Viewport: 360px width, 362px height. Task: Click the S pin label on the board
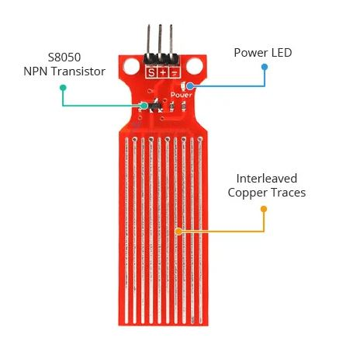pos(151,73)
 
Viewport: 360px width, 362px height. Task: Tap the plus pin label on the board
pos(163,73)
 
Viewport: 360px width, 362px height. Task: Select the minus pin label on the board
pos(175,73)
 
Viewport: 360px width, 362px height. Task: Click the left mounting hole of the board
pos(132,66)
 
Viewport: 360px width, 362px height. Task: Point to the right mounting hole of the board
pos(195,66)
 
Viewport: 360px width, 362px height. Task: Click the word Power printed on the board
pos(182,95)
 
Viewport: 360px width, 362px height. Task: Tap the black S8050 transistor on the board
pos(155,106)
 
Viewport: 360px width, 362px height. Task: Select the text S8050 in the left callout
pos(64,57)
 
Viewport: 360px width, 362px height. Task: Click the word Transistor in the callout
pos(78,71)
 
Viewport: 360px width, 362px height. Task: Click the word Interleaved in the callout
pos(267,179)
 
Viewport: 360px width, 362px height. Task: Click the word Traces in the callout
pos(289,193)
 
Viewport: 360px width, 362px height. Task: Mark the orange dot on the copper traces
pos(178,231)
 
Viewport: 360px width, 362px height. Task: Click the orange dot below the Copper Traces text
pos(264,209)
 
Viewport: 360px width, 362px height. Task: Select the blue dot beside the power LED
pos(190,85)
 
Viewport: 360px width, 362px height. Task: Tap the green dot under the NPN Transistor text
pos(63,88)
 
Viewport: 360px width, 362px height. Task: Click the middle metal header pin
pos(160,40)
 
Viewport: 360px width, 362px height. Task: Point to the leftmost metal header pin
pos(149,40)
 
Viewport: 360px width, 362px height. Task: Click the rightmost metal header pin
pos(171,40)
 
